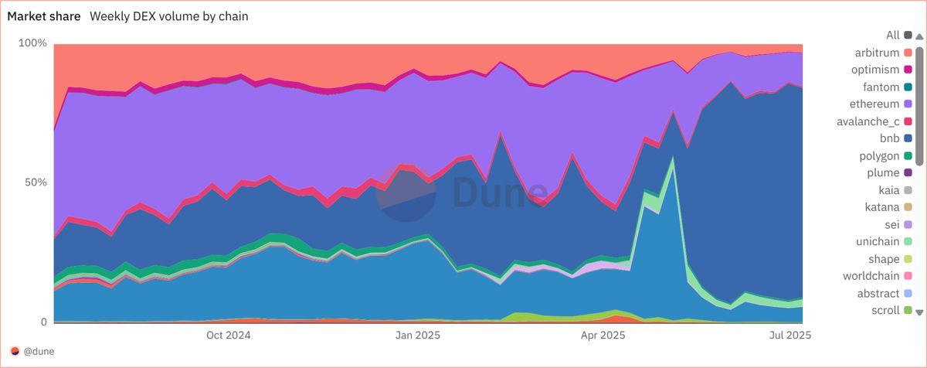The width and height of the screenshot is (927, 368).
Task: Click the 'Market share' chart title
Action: pos(44,16)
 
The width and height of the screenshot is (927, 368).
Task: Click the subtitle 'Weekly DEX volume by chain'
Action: pos(169,16)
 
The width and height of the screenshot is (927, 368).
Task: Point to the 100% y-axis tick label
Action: pos(32,43)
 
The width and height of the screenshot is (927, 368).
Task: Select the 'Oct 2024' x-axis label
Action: pos(229,335)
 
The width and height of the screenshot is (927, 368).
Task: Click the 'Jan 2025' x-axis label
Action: pos(418,335)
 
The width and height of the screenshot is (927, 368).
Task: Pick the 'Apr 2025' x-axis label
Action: pos(603,335)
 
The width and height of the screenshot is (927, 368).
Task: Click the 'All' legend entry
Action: pos(892,35)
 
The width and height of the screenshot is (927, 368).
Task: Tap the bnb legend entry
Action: pos(891,138)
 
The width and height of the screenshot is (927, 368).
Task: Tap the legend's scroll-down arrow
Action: pos(919,312)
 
